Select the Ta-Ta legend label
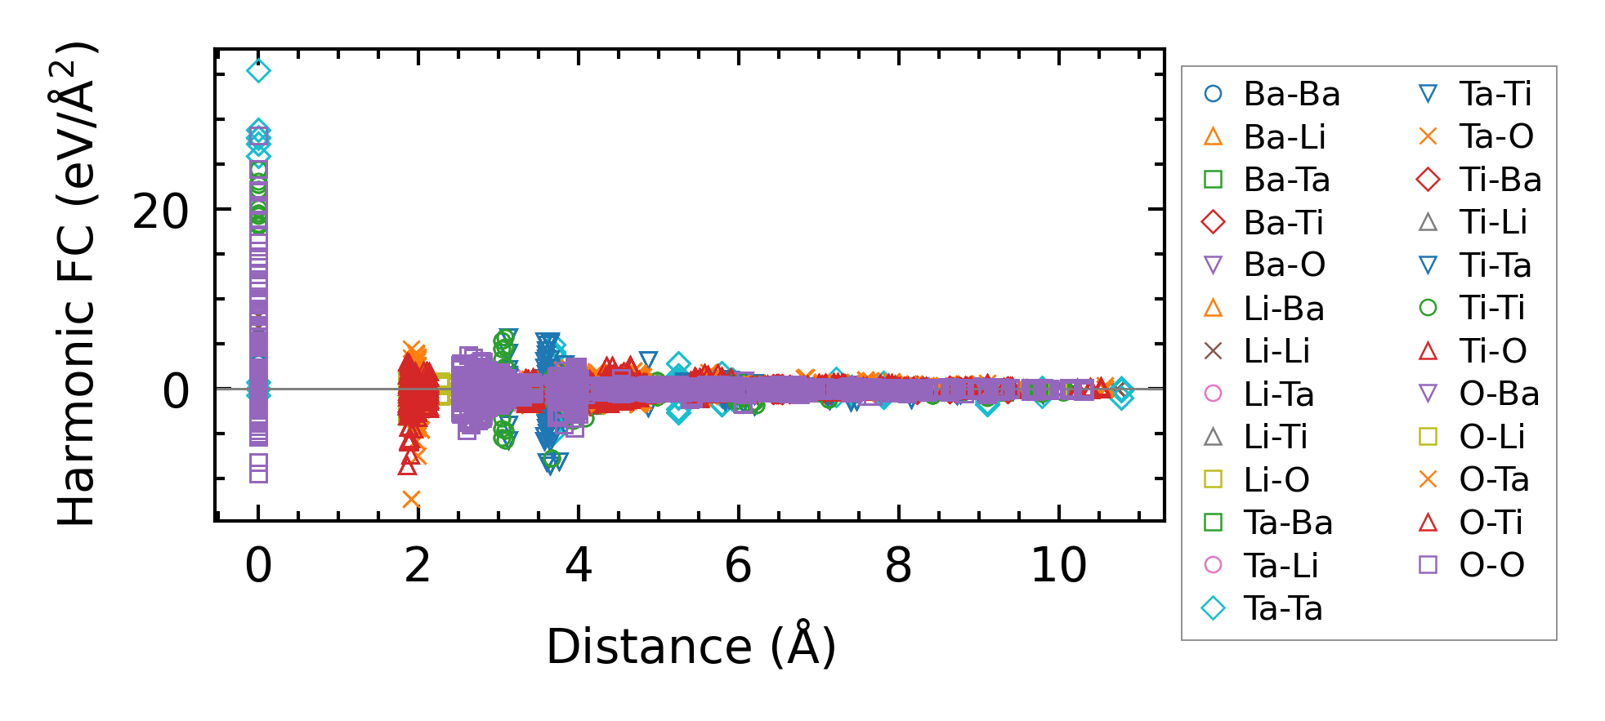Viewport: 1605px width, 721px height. point(1282,608)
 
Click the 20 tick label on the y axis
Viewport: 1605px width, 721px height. point(161,212)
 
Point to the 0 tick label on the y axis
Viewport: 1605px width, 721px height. point(176,391)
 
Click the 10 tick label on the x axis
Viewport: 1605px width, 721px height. point(1058,565)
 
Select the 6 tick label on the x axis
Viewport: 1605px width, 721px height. point(738,565)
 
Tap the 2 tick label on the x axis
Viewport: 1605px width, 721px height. point(418,565)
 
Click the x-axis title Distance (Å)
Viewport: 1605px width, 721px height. point(691,647)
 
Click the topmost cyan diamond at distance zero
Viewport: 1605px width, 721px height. point(258,71)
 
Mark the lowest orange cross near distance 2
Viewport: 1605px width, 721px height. point(411,499)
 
